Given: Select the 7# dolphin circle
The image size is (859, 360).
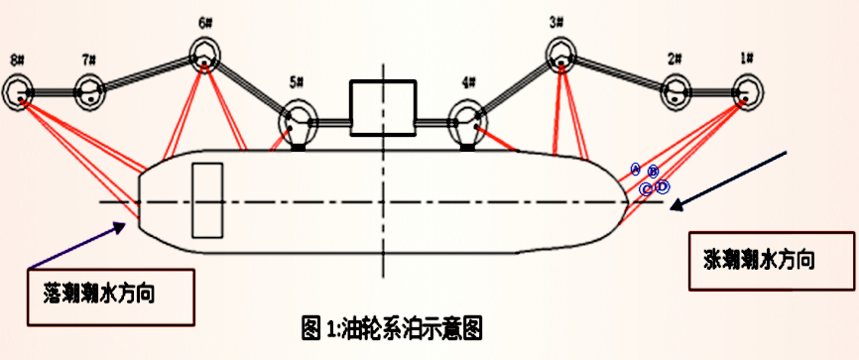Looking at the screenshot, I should [91, 91].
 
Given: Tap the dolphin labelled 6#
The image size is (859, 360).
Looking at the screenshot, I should [204, 56].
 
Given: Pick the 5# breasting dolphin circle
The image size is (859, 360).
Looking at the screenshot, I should [298, 124].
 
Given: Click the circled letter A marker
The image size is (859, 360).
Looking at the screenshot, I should [636, 170].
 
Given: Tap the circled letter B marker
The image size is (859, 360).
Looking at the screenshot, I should [653, 172].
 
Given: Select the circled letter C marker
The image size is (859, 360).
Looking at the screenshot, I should [646, 188].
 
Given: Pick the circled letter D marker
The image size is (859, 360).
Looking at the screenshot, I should [663, 186].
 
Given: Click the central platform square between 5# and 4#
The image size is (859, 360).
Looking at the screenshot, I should [381, 107].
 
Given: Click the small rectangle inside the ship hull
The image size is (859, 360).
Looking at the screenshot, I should [207, 200].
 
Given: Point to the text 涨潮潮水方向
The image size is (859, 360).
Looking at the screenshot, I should [754, 260].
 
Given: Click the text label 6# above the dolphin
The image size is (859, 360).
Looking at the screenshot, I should [205, 22].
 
